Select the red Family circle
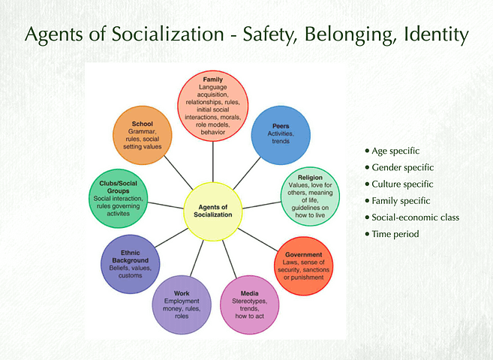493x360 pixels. [212, 105]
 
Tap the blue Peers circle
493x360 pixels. [279, 134]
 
